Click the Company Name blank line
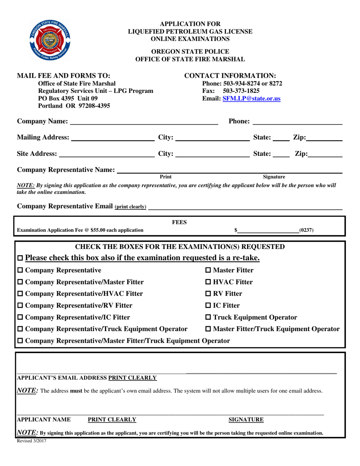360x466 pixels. click(x=144, y=122)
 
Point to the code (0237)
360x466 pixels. click(x=306, y=230)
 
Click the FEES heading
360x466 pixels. click(x=179, y=222)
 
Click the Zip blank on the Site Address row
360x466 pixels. click(x=325, y=155)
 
